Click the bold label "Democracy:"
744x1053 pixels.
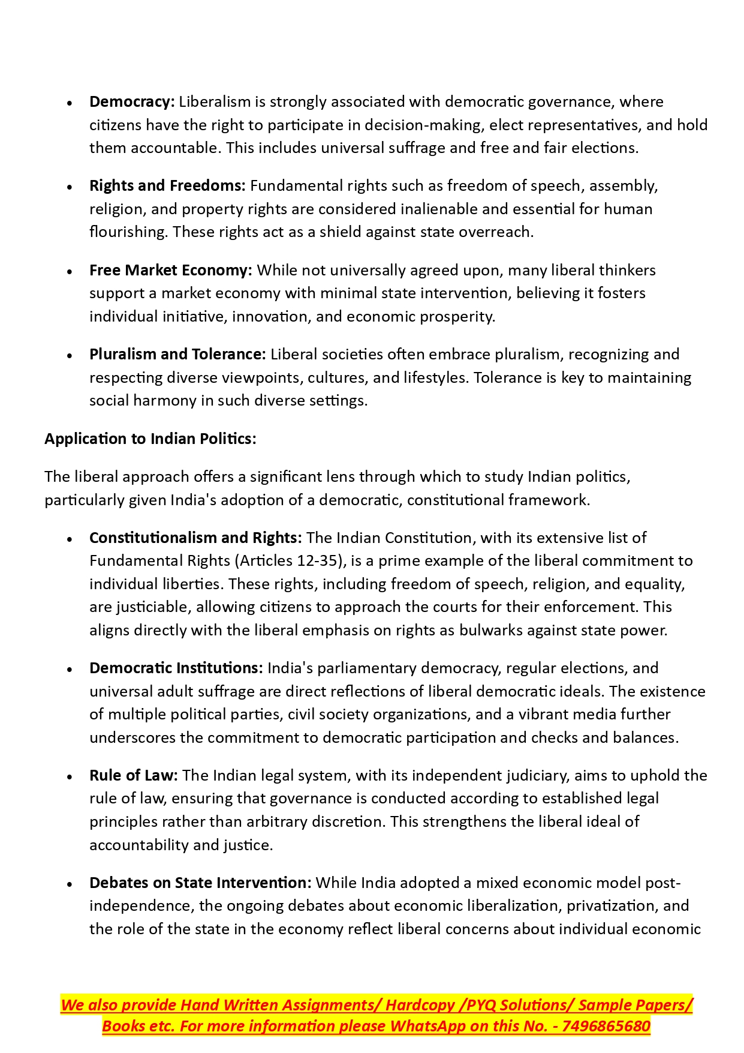point(132,102)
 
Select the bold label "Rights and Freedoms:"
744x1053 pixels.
point(167,186)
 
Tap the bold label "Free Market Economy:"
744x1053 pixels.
point(171,271)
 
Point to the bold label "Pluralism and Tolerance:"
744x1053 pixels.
point(177,355)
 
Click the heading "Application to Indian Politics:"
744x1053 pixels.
point(150,439)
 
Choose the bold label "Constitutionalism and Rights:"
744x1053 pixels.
point(195,538)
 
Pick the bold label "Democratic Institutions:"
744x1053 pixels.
point(176,668)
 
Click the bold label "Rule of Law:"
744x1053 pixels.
point(134,776)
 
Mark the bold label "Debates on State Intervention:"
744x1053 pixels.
point(200,883)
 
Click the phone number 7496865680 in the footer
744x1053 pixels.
point(606,1027)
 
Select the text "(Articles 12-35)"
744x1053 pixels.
point(290,561)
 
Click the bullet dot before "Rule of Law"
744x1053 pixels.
point(70,777)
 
